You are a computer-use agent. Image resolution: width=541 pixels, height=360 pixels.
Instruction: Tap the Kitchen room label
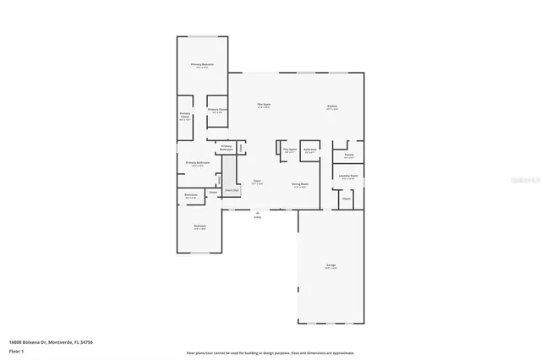[x=332, y=106]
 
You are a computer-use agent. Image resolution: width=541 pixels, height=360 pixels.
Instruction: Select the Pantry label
[x=348, y=155]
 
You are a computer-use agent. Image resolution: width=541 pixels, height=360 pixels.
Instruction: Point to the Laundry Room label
[x=349, y=177]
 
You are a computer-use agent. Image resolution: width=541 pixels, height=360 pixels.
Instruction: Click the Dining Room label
[x=300, y=184]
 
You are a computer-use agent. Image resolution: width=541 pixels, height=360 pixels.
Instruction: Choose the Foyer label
[x=257, y=181]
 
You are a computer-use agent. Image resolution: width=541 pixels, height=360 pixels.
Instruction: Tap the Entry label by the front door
[x=258, y=216]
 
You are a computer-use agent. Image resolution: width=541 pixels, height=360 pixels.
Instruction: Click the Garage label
[x=331, y=266]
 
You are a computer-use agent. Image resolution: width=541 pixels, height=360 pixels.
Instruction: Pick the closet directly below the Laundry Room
[x=347, y=199]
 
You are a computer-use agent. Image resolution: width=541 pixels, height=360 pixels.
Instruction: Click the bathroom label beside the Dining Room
[x=310, y=150]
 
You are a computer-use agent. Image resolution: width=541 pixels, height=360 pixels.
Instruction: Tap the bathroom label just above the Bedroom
[x=191, y=196]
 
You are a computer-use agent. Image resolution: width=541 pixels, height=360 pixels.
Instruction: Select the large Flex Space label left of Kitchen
[x=264, y=105]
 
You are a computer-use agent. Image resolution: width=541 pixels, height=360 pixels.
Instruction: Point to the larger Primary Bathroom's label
[x=198, y=163]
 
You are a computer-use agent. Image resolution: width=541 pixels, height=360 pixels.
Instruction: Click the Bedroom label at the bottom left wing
[x=199, y=226]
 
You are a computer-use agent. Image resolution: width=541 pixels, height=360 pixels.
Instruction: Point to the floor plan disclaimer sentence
[x=270, y=353]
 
